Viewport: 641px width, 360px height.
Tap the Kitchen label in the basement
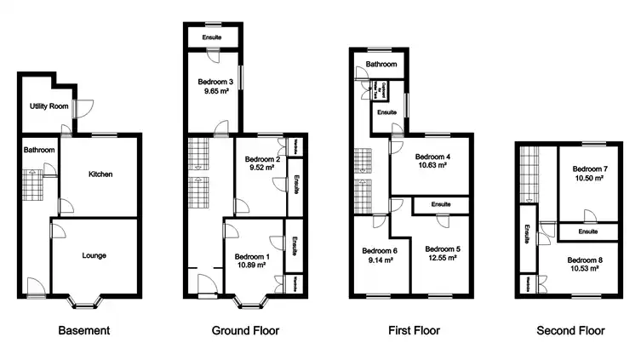(x=101, y=174)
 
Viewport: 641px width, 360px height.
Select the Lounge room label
(x=94, y=254)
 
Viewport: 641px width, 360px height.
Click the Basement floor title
(x=83, y=330)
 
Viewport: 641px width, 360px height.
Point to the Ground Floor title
(x=244, y=330)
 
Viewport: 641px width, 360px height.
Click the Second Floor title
(x=570, y=330)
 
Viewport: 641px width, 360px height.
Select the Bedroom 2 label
(x=262, y=159)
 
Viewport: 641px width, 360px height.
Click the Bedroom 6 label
(x=380, y=251)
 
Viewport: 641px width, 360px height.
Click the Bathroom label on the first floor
(x=381, y=65)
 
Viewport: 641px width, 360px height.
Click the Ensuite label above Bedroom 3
(x=213, y=38)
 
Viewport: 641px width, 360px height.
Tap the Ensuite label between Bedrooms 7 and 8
(x=587, y=231)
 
